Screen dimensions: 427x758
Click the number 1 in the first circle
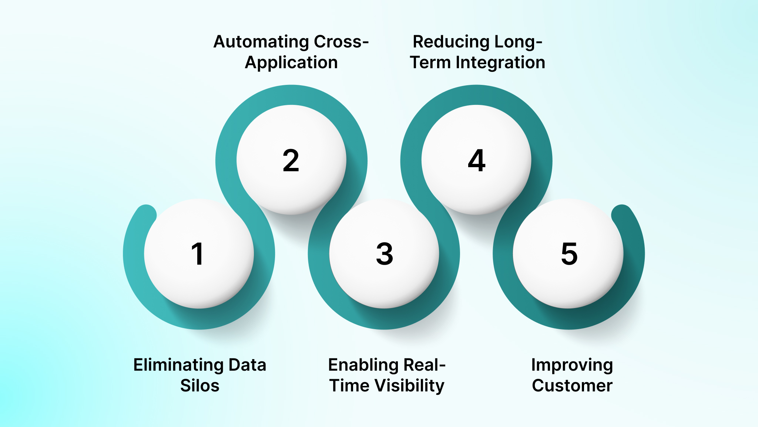coord(198,254)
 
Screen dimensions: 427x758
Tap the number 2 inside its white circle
coord(291,160)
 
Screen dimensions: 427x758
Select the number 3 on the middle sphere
coord(385,254)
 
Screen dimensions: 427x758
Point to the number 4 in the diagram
coord(477,160)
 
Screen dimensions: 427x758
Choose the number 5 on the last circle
coord(569,254)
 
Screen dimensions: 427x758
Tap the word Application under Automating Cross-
coord(291,63)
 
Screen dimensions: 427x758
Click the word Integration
coord(500,63)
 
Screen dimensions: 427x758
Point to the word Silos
coord(200,386)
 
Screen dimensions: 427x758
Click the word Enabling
coord(363,365)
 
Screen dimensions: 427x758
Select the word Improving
coord(572,365)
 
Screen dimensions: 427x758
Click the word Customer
coord(572,386)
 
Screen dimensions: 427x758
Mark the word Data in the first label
coord(247,365)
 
